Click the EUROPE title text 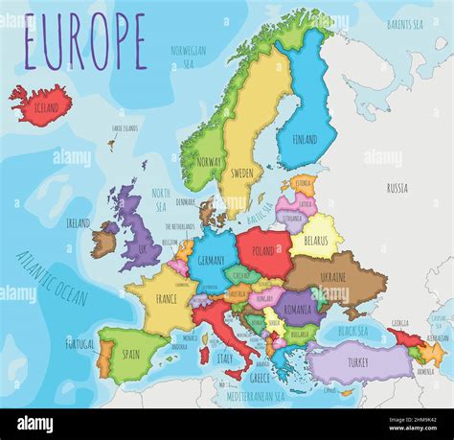[85, 42]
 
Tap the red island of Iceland [40, 101]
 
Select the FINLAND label [304, 140]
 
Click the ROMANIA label [299, 310]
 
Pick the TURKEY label [357, 362]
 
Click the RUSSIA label [397, 188]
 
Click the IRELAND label [78, 222]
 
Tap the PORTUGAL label [80, 342]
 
